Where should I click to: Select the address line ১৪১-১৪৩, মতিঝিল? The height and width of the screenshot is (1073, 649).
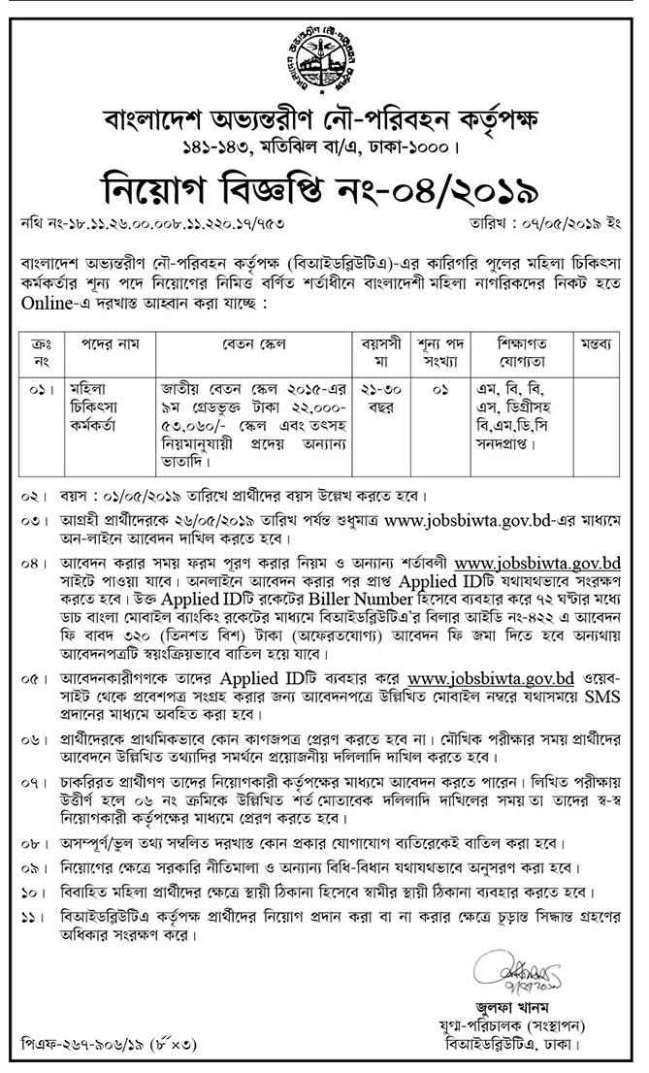(x=324, y=148)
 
